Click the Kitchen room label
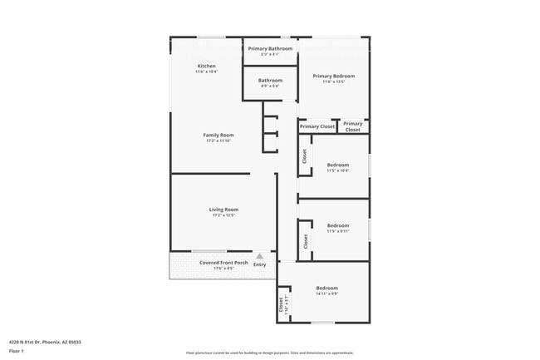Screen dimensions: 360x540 point(206,66)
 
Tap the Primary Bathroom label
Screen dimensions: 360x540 point(270,48)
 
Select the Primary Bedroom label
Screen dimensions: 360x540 point(333,76)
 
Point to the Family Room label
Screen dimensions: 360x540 point(218,135)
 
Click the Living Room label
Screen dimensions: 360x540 point(223,209)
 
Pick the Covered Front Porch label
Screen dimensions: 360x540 point(223,263)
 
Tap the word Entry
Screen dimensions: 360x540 point(259,264)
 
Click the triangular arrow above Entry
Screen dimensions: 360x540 point(259,256)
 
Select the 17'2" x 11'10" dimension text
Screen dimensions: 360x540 point(218,141)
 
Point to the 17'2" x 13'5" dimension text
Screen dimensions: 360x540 point(223,215)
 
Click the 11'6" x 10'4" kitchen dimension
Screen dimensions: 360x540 point(206,72)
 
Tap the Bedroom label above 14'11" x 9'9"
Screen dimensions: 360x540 point(326,288)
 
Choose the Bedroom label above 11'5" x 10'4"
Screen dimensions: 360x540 point(337,165)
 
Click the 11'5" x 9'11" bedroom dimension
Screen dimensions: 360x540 point(337,231)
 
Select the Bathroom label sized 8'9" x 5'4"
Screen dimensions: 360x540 point(270,80)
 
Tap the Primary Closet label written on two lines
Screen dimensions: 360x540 point(353,127)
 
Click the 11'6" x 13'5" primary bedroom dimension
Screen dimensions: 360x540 point(333,81)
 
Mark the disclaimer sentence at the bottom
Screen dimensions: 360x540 point(270,353)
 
